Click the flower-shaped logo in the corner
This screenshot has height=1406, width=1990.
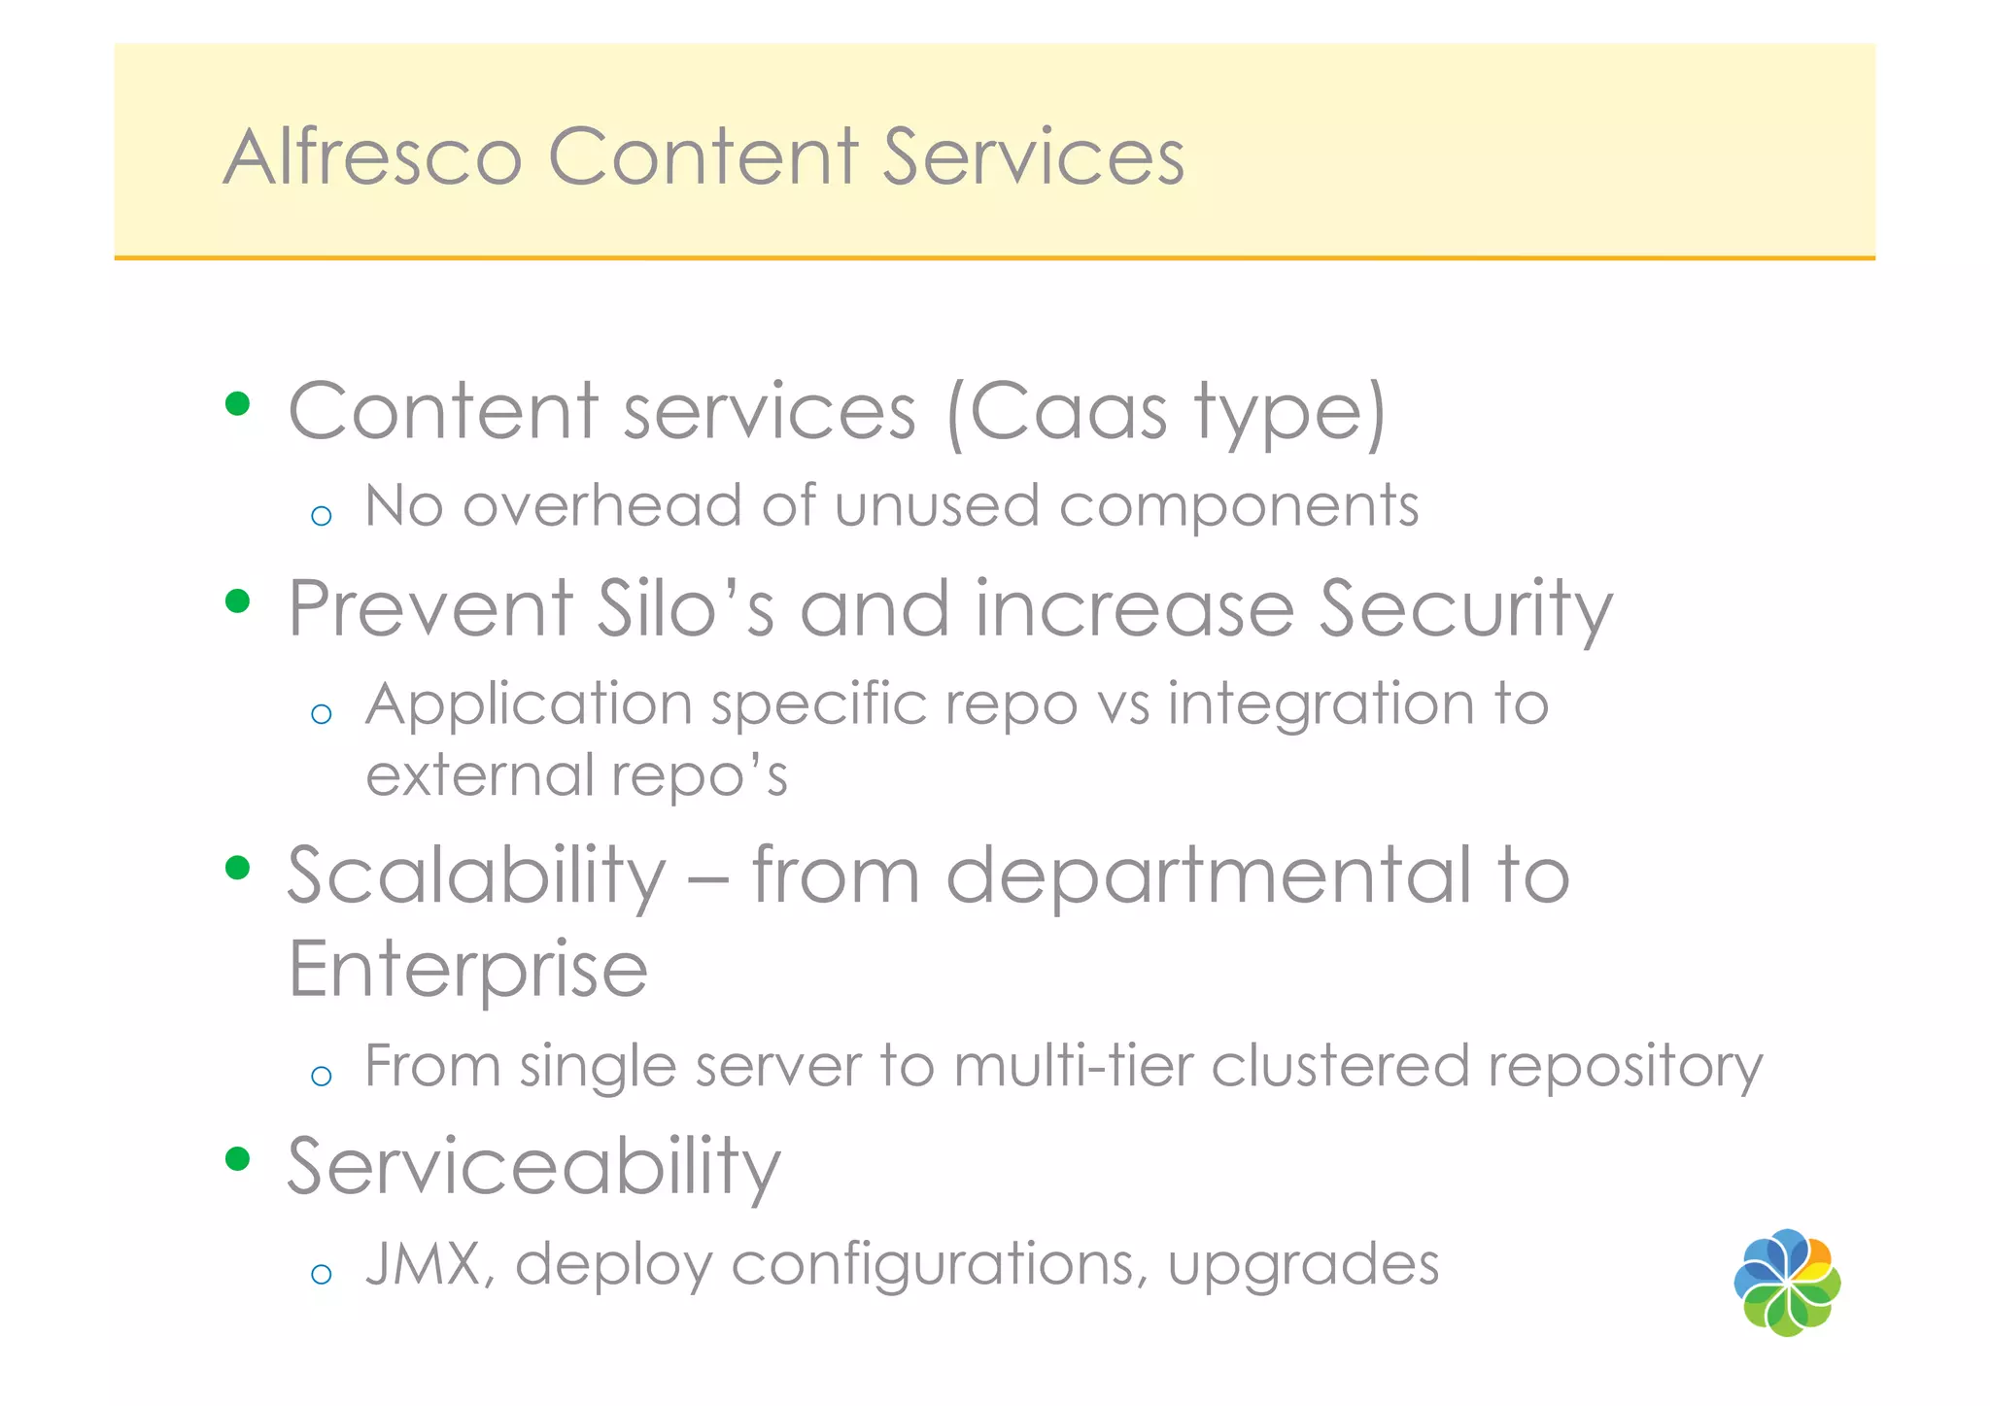pos(1787,1283)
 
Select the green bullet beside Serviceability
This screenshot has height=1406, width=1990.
pos(237,1158)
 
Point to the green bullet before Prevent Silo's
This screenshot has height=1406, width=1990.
pos(237,601)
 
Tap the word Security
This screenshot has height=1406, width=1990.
pos(1465,610)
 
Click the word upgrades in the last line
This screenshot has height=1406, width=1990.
pos(1303,1265)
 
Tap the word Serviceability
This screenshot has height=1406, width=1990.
pos(533,1166)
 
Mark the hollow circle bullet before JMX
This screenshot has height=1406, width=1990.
pos(322,1274)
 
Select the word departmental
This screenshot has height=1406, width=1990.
pos(1209,874)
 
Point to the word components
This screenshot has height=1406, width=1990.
pos(1239,507)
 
